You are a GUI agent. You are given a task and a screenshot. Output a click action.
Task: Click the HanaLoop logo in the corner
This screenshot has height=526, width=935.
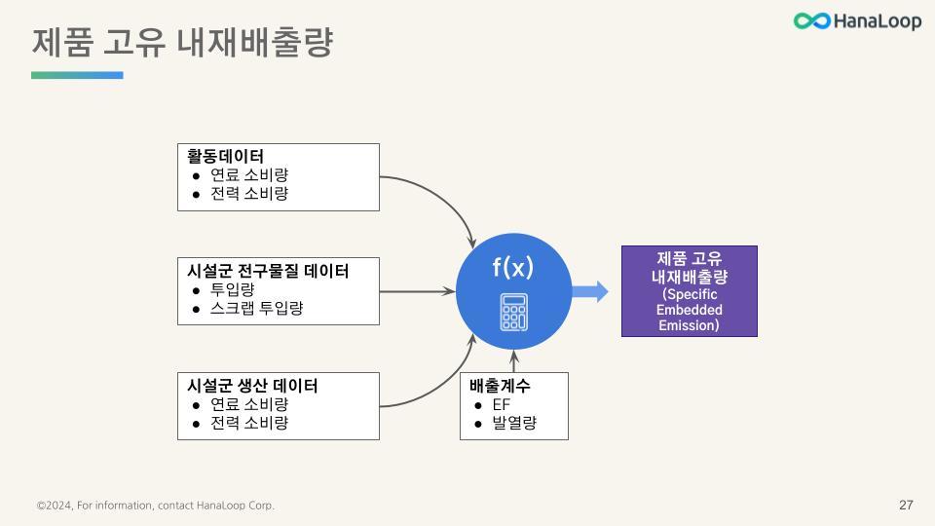[856, 21]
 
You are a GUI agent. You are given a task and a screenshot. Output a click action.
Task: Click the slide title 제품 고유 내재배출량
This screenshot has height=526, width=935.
[182, 43]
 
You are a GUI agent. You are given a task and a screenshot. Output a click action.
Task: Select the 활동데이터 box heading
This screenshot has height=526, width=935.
[225, 156]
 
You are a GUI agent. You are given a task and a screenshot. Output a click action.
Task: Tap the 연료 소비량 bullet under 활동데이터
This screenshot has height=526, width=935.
[249, 175]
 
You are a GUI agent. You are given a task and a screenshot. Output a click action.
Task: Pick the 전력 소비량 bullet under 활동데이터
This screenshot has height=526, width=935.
[249, 194]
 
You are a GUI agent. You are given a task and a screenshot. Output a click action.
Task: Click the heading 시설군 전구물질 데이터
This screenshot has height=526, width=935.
[268, 270]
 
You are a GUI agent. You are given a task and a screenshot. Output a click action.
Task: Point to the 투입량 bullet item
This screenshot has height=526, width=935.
[233, 289]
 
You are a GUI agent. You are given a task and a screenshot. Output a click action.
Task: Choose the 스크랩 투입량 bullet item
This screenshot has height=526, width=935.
[257, 308]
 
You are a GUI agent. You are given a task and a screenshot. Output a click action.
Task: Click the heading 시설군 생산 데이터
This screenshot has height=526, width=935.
[252, 385]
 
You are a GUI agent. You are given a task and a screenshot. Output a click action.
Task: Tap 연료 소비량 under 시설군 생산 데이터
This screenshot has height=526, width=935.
[249, 404]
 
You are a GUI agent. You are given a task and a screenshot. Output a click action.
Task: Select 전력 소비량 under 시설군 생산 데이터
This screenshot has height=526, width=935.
[249, 423]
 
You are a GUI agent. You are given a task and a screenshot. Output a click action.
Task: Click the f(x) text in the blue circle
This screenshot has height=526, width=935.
[513, 267]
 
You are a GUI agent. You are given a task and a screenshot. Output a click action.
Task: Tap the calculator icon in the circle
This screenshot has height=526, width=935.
[513, 312]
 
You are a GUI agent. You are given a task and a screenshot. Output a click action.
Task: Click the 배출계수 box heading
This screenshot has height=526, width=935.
[500, 385]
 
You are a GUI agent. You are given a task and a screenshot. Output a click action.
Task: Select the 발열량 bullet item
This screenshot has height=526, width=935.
[514, 423]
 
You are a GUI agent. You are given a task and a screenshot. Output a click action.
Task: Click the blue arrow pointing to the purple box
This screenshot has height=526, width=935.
[589, 291]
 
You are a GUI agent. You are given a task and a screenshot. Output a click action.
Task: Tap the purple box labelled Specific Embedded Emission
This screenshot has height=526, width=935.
[690, 291]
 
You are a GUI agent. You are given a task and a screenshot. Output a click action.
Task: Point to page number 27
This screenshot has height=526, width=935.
[906, 505]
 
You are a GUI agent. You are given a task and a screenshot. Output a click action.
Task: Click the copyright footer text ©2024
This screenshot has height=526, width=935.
[156, 506]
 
